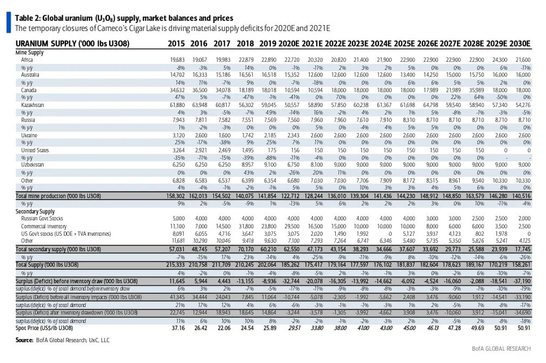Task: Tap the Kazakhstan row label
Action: click(34, 104)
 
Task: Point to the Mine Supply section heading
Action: click(29, 52)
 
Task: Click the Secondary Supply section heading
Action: click(34, 211)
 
